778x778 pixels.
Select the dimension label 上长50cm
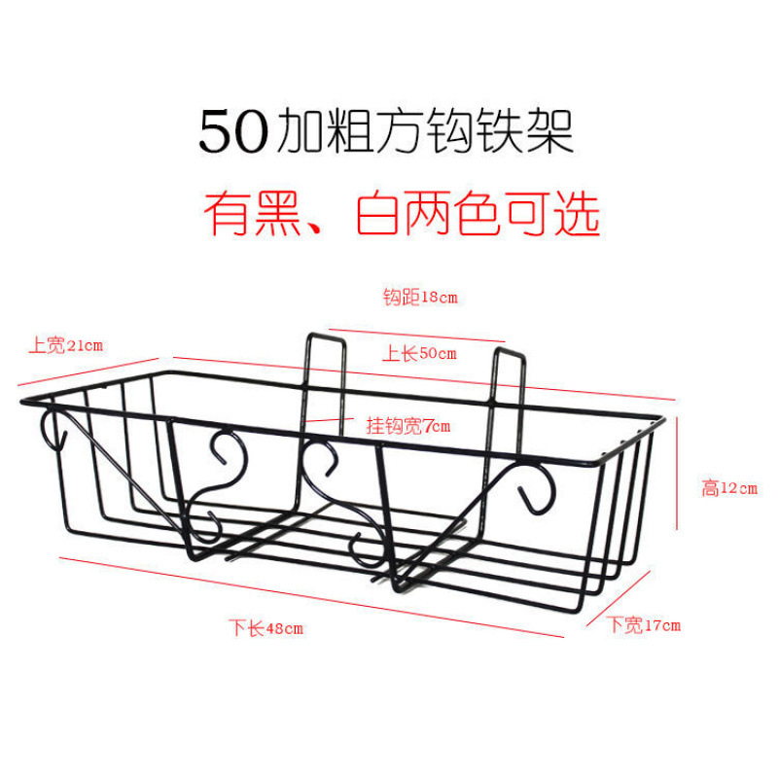[419, 354]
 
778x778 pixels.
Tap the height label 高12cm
[729, 489]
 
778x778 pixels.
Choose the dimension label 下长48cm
[266, 628]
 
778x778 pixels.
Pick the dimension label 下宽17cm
[644, 624]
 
